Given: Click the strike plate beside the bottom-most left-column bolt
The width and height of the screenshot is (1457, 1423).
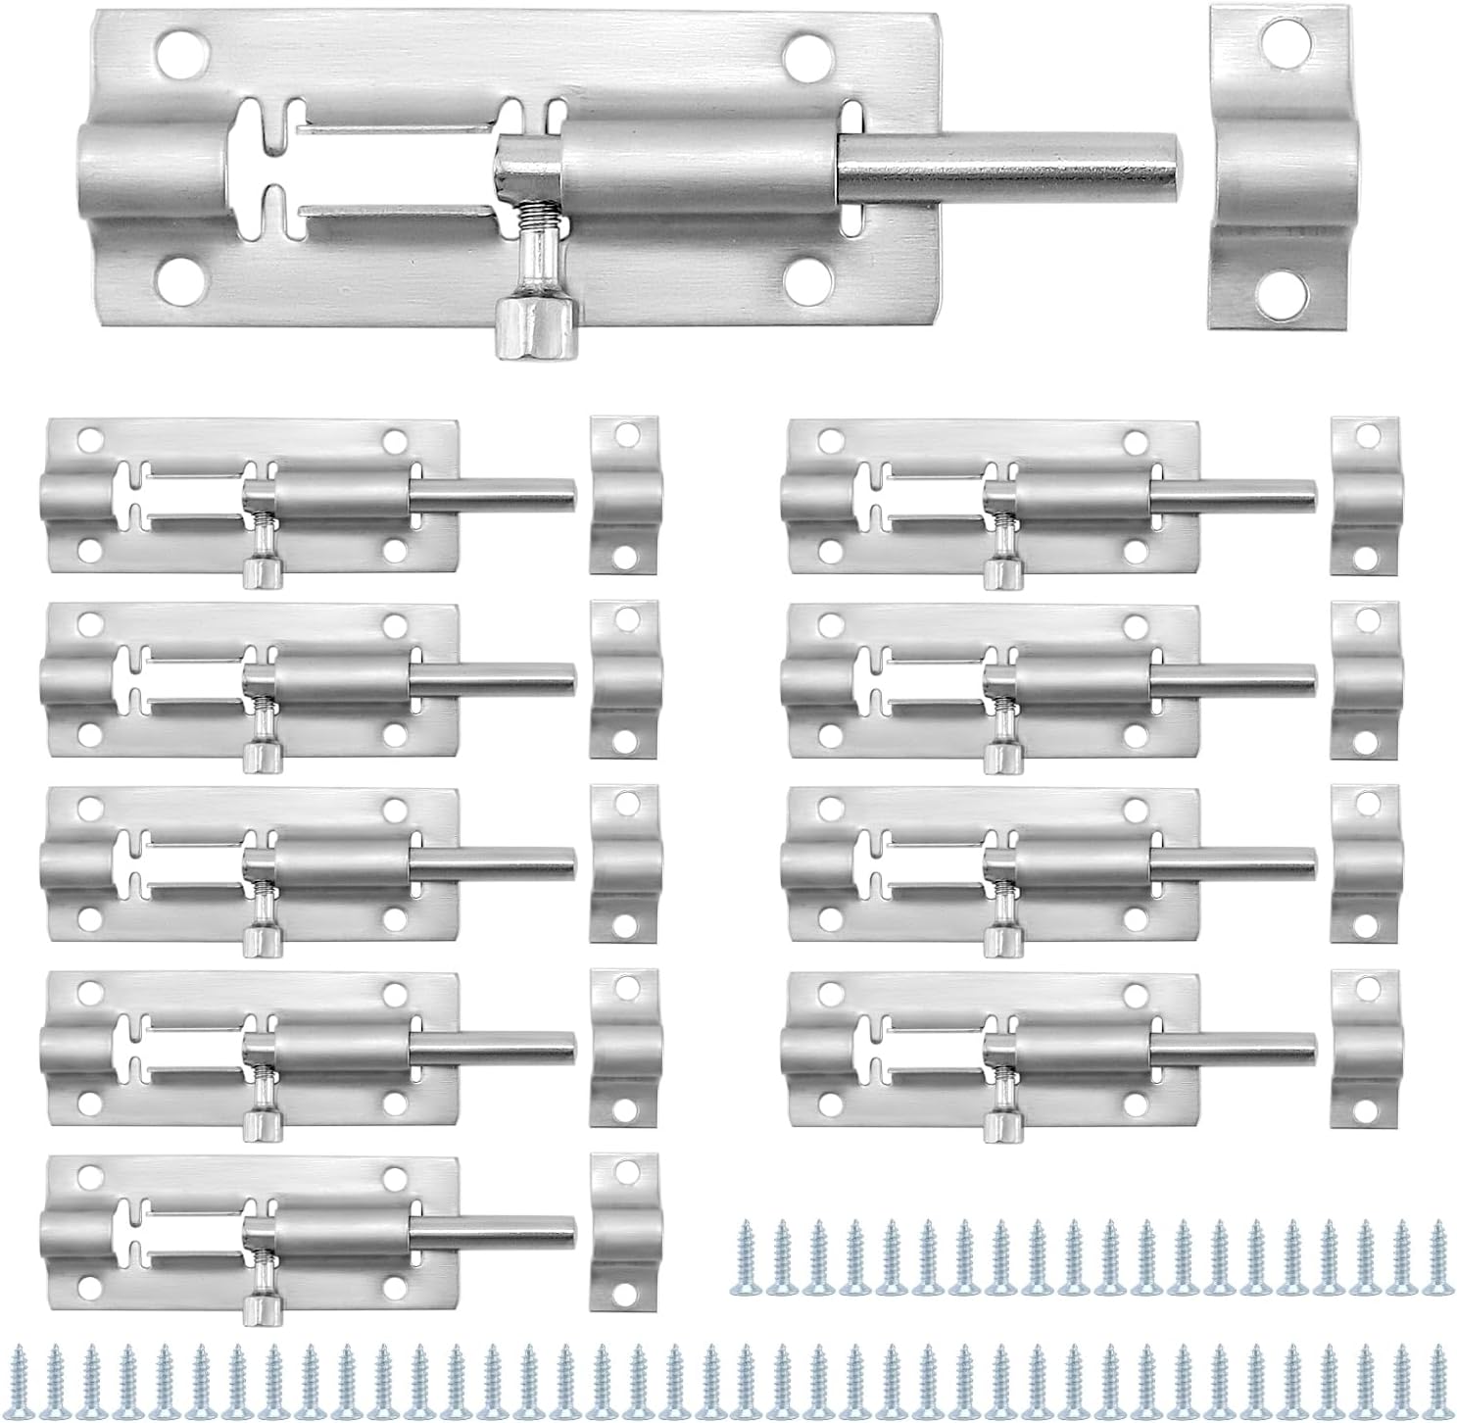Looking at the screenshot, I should (x=625, y=1233).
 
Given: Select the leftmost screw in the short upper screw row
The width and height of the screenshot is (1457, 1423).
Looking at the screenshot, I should (x=746, y=1246).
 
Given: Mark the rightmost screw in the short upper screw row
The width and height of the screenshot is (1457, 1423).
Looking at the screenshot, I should (x=1438, y=1246).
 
